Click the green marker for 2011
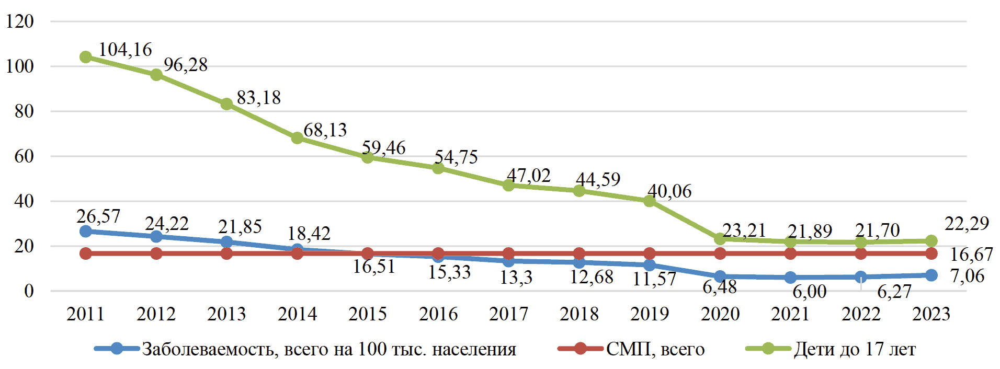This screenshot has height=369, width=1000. tap(86, 57)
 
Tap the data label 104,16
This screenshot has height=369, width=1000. tap(125, 50)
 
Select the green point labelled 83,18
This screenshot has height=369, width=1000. tap(226, 104)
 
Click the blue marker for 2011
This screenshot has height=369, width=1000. tap(86, 231)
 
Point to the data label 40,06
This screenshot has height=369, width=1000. tap(669, 191)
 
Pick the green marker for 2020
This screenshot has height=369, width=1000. tap(720, 239)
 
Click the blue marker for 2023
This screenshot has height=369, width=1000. tap(931, 275)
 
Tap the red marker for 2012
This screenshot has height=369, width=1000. tap(156, 253)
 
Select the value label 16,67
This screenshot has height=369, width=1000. tap(971, 255)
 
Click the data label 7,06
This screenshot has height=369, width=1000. tap(968, 276)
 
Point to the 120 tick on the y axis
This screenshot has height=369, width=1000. tap(20, 21)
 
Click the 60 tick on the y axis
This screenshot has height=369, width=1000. tap(24, 156)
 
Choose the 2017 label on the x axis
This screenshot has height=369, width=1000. tap(508, 314)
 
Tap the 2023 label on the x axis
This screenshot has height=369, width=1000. tap(931, 314)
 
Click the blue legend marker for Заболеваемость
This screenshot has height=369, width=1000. tap(117, 349)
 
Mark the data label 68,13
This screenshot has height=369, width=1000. tap(325, 130)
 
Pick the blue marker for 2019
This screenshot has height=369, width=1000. tap(649, 265)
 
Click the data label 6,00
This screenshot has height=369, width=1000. tap(810, 292)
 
